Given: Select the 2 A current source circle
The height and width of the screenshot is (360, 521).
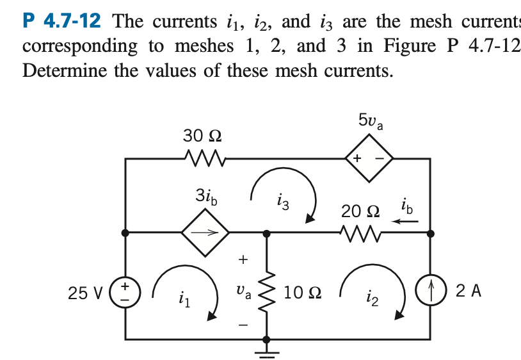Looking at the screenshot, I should (x=430, y=291).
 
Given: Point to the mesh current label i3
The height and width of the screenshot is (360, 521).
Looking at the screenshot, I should (x=284, y=204).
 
